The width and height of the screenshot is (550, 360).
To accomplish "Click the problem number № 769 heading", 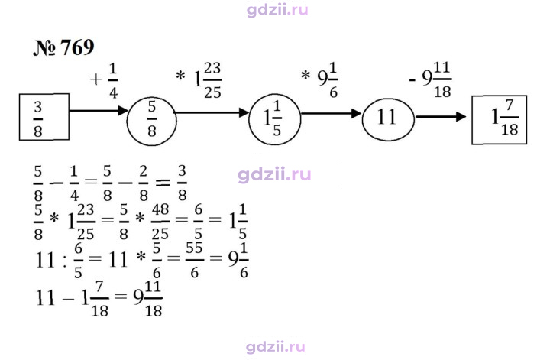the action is (63, 47).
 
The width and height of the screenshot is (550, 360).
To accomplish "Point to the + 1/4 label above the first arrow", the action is (104, 80).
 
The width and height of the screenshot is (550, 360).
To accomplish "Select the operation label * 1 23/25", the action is (199, 80).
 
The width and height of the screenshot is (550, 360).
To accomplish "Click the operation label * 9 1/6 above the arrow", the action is (319, 80).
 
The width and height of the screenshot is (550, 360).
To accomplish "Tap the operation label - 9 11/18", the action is (430, 80).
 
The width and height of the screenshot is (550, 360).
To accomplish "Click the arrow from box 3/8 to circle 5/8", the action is (99, 111).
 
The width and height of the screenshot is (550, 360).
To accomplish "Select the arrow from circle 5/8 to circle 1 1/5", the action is (212, 112).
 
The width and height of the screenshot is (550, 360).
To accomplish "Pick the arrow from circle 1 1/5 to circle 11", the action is (332, 113).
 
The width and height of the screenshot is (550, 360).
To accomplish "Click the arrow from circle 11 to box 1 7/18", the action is (441, 116).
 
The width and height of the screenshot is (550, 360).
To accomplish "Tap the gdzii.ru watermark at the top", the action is (277, 10).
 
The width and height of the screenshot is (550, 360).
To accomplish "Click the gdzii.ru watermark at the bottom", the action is (275, 347).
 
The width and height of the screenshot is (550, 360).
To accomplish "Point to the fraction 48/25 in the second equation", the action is (160, 222).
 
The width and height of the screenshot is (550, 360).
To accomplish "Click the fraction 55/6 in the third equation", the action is (194, 260).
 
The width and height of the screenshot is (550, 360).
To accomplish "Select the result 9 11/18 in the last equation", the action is (147, 299).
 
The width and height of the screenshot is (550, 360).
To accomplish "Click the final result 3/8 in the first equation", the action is (182, 183).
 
